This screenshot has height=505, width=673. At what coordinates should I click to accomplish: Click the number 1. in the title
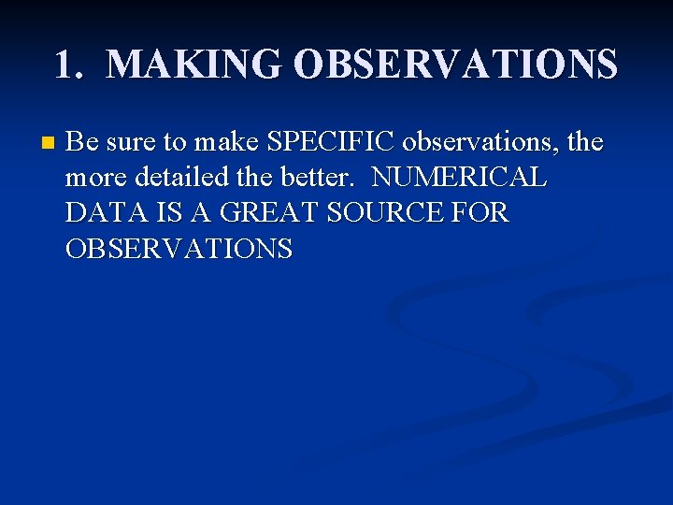pos(70,65)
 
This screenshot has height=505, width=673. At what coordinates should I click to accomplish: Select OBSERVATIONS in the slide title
pos(454,65)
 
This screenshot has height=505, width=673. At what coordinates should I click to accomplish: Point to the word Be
pos(81,143)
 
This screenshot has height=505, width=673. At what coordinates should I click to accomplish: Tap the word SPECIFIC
pos(331,143)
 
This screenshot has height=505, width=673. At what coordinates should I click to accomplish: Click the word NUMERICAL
pos(459,179)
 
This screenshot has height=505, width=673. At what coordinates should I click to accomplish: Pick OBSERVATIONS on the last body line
pos(179,250)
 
